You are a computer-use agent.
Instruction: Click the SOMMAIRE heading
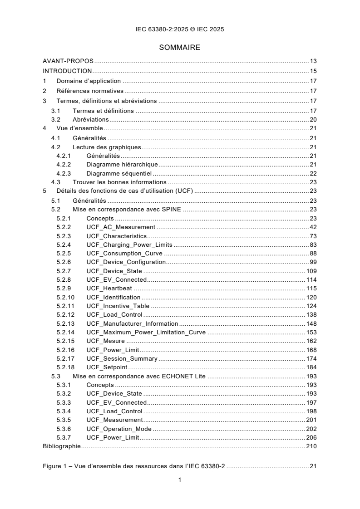[180, 47]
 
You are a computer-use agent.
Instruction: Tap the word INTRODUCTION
[67, 71]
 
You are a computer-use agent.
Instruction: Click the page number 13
[313, 61]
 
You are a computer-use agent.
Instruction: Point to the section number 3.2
[55, 120]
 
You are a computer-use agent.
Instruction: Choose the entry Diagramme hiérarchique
[122, 164]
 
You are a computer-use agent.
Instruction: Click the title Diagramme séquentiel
[119, 174]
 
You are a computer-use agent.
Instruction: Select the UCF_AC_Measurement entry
[121, 227]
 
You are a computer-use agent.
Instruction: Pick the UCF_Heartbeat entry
[109, 289]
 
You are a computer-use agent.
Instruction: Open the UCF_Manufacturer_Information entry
[132, 324]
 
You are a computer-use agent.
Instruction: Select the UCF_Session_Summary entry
[122, 359]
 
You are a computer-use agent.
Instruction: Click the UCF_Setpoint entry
[107, 367]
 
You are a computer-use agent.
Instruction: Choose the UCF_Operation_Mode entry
[119, 429]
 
